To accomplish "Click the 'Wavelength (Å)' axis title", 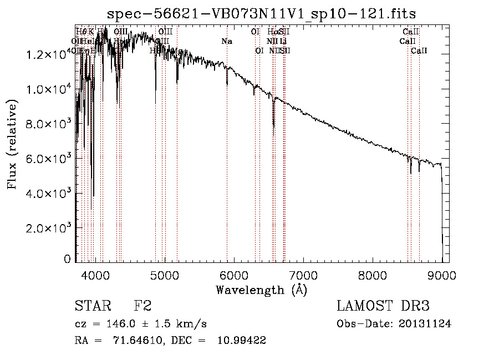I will (261, 290).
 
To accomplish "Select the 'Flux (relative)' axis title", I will (12, 144).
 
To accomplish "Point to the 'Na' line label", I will (226, 41).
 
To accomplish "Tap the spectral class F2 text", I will (142, 306).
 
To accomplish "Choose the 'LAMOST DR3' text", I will (383, 306).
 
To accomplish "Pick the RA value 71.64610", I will (138, 341).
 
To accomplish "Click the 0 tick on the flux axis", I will (68, 259).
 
